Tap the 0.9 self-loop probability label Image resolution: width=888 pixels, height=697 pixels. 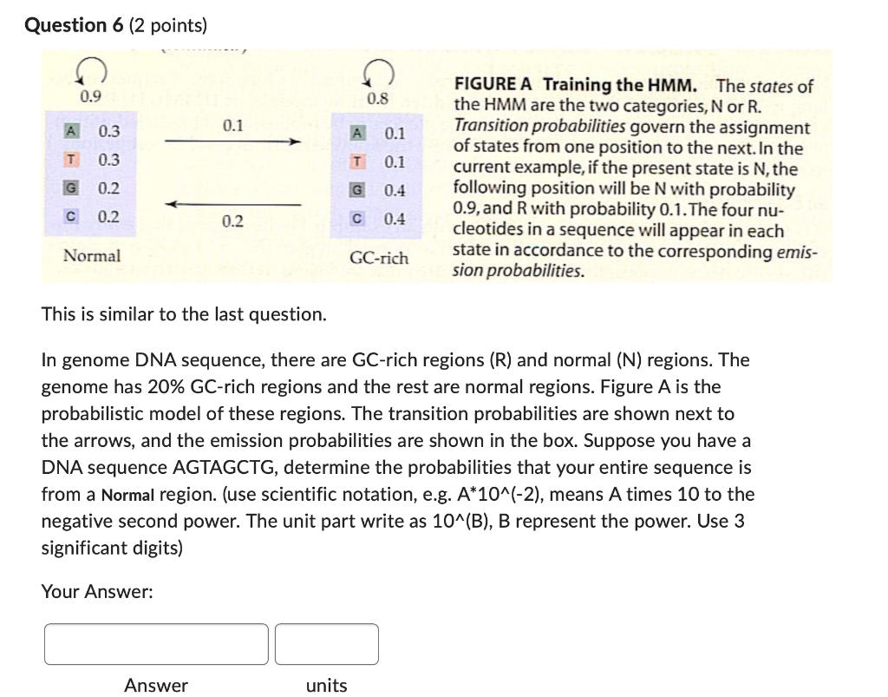click(x=90, y=96)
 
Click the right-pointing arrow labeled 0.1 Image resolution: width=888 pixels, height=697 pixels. click(x=232, y=141)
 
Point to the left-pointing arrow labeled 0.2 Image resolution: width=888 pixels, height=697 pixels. click(x=232, y=205)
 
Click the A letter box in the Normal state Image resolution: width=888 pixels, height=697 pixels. click(x=73, y=131)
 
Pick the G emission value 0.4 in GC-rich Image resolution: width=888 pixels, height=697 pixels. click(x=395, y=190)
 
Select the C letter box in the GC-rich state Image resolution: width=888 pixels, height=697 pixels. click(x=356, y=219)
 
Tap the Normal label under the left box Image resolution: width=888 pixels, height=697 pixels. click(x=92, y=256)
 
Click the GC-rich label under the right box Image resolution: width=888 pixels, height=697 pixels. click(x=379, y=259)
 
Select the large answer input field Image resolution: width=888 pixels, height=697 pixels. click(x=156, y=644)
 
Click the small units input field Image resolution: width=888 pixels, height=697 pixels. click(x=327, y=644)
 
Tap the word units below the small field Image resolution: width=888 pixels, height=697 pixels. click(x=326, y=686)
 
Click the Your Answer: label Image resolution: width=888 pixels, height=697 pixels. click(x=97, y=592)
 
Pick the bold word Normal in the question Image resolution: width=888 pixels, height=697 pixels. click(x=127, y=496)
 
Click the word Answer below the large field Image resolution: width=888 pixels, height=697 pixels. click(x=156, y=686)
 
